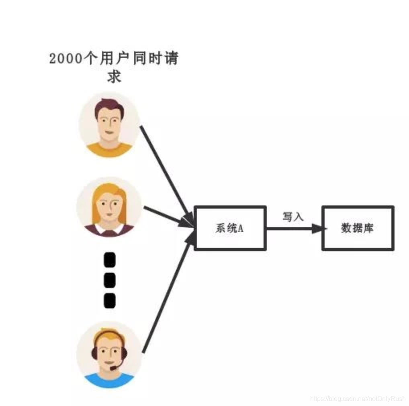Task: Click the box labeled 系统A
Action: click(230, 228)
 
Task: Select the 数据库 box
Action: click(358, 228)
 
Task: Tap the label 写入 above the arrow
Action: click(293, 217)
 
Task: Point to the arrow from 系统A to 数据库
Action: click(293, 229)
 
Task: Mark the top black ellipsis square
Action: click(109, 260)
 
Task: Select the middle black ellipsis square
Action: click(109, 280)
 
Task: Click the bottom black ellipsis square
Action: click(109, 300)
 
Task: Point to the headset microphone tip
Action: click(113, 368)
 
